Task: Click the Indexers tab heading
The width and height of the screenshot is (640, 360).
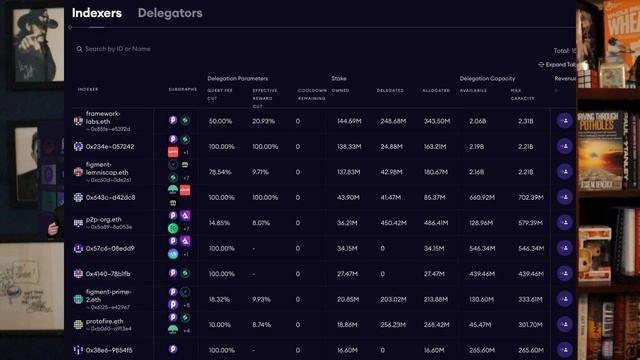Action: (x=97, y=13)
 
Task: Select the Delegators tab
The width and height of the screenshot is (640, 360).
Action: (x=170, y=13)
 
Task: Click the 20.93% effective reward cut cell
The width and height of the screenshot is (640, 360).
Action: (x=264, y=121)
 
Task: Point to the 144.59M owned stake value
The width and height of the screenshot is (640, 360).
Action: (x=348, y=121)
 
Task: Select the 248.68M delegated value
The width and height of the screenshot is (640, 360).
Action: (x=393, y=121)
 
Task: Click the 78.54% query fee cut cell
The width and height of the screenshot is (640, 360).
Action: (x=220, y=172)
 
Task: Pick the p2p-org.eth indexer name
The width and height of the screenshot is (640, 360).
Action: (x=103, y=219)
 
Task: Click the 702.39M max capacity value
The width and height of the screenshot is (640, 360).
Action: (x=530, y=197)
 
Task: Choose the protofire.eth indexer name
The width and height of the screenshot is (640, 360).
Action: (x=104, y=321)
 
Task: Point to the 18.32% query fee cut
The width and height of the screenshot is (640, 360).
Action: (x=220, y=299)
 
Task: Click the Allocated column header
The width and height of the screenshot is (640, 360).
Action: (x=436, y=90)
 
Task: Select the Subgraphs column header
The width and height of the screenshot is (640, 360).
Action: (x=183, y=90)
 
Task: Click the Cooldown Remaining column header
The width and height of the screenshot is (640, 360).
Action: (x=312, y=93)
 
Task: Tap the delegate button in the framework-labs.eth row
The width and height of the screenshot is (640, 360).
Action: (x=566, y=121)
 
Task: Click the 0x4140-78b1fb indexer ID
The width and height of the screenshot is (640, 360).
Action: (x=108, y=273)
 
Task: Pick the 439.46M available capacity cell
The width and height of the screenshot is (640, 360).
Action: (x=482, y=273)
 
